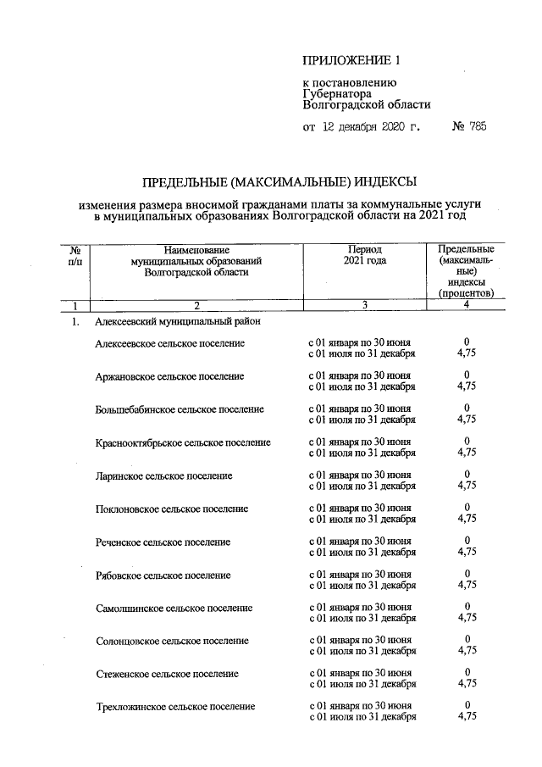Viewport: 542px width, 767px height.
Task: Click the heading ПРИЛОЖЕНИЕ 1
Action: (350, 61)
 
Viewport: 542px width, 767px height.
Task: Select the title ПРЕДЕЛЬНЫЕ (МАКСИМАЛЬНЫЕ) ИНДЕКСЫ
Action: (279, 181)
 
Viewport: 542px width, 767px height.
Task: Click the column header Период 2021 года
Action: (364, 256)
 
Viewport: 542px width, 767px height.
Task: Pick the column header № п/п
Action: (75, 256)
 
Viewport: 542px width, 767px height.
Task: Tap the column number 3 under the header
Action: (364, 305)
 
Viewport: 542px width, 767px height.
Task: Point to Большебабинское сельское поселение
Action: (180, 409)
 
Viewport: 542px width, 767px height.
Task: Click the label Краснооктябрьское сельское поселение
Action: (183, 442)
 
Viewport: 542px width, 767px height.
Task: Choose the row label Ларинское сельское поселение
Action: (164, 475)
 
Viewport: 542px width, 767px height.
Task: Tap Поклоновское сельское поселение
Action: (172, 509)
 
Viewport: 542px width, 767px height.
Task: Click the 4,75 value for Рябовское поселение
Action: (466, 585)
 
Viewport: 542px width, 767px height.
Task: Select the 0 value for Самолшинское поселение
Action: (466, 607)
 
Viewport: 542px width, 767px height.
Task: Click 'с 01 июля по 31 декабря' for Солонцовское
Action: (362, 651)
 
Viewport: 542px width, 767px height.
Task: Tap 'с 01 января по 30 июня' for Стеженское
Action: (360, 673)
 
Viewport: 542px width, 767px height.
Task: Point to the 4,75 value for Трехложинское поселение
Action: (466, 717)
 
